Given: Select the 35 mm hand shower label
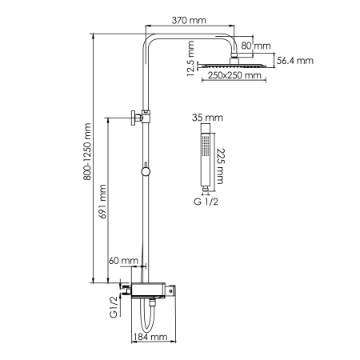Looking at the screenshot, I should pyautogui.click(x=205, y=117).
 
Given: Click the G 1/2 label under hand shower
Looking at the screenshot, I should pyautogui.click(x=206, y=202).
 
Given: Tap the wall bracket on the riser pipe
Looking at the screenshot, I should pyautogui.click(x=136, y=118).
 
